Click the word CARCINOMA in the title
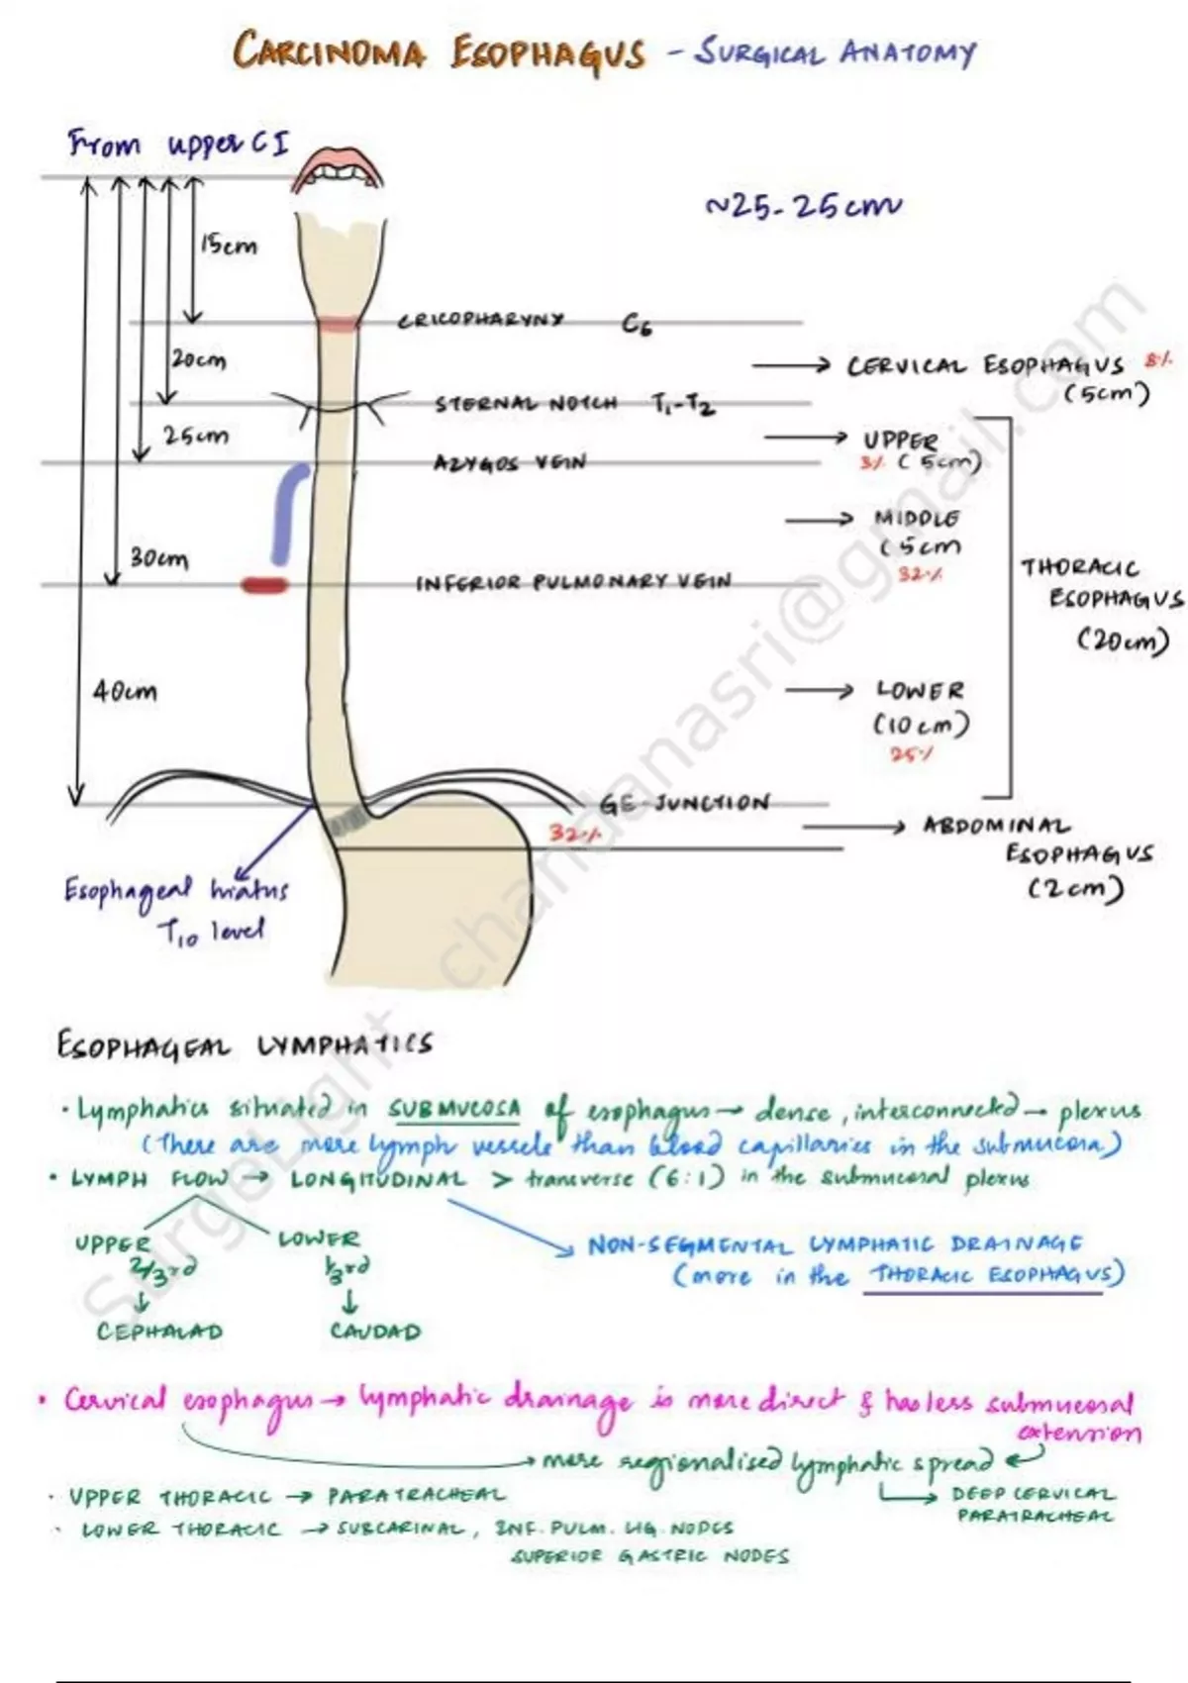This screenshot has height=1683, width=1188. [329, 51]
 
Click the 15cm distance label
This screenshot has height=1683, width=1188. [229, 245]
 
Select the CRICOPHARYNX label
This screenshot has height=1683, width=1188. [481, 320]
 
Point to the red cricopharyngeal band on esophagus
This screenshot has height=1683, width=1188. [340, 324]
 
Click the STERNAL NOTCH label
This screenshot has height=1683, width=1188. [526, 403]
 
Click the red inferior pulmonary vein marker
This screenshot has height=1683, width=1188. [265, 585]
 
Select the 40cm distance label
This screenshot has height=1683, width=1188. [125, 691]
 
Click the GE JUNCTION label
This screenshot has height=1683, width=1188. [683, 803]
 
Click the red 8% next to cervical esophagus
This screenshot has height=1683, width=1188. [1156, 361]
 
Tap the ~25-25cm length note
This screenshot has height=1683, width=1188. [802, 207]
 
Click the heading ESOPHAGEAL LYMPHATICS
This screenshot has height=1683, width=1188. [245, 1044]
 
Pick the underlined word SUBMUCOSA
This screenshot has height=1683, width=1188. [453, 1110]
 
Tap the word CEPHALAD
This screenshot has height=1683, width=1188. [159, 1332]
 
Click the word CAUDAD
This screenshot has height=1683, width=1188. [375, 1332]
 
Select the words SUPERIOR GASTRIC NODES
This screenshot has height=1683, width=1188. [650, 1556]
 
